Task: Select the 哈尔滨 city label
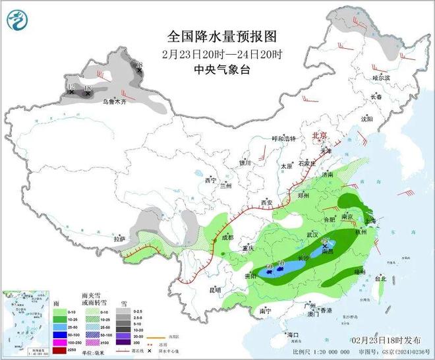(x=381, y=78)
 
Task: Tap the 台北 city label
(x=380, y=279)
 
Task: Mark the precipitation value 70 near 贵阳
(x=281, y=264)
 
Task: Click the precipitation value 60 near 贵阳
(x=269, y=266)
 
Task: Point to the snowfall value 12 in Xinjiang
(x=71, y=86)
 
